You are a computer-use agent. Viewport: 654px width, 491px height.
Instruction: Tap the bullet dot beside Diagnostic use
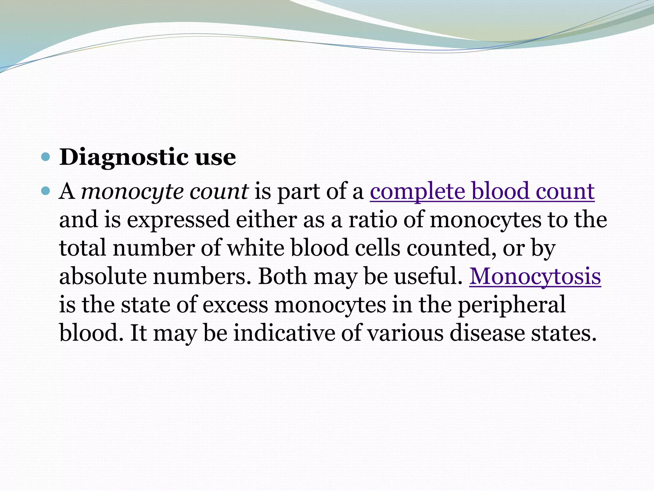pyautogui.click(x=46, y=157)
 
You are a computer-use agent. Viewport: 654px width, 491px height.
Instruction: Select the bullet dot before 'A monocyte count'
pyautogui.click(x=46, y=191)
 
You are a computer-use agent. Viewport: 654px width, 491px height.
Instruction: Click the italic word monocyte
pyautogui.click(x=132, y=192)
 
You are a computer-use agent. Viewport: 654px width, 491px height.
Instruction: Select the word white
pyautogui.click(x=255, y=248)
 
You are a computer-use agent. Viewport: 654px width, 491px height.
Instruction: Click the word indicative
pyautogui.click(x=284, y=333)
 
